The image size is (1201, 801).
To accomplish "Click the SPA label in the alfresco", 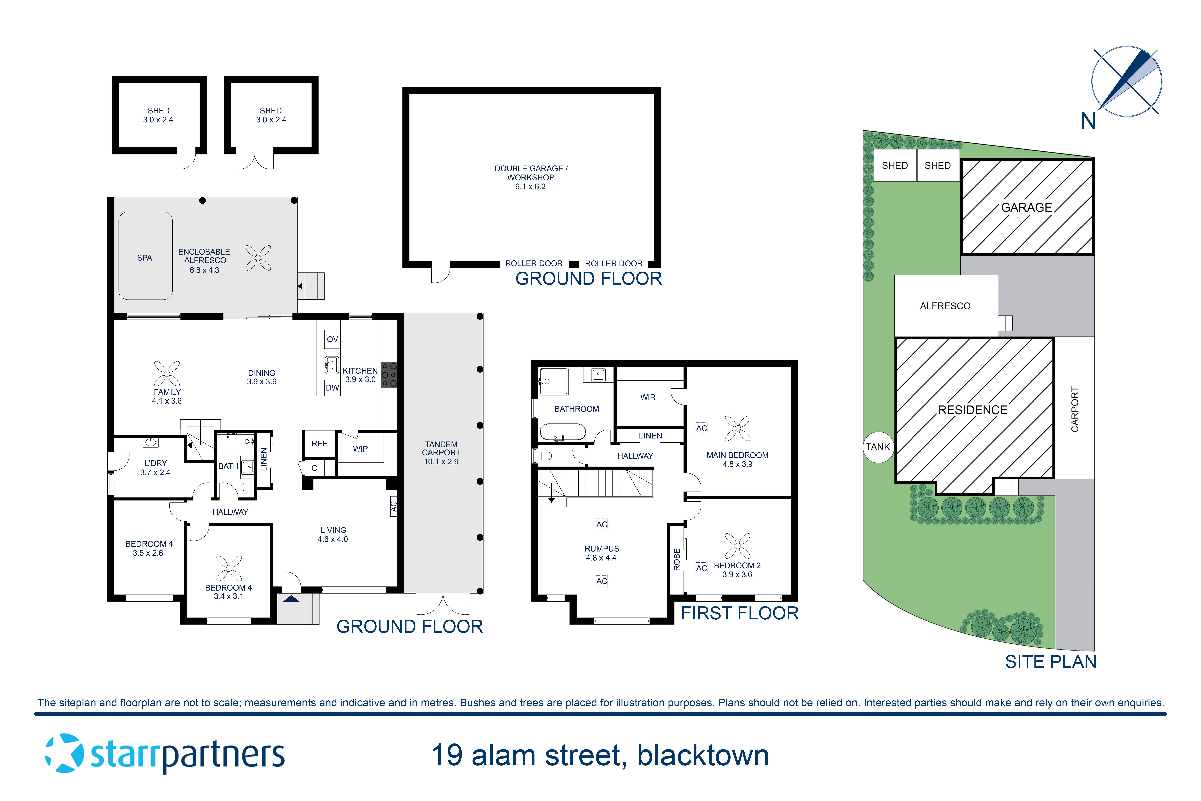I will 145,258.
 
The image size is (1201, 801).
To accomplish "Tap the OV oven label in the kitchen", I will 332,339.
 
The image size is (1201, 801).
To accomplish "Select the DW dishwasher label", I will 332,388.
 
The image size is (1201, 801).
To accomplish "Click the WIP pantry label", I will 360,449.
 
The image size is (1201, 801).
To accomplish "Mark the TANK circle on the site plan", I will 878,447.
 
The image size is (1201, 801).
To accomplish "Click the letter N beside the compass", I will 1088,121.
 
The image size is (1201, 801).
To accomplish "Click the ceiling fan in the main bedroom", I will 737,428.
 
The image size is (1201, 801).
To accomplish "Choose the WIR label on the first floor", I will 648,397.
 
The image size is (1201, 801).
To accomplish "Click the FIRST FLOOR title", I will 739,613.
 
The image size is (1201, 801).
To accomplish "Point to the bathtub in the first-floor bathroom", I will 563,432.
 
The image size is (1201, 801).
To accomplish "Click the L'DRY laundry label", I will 155,467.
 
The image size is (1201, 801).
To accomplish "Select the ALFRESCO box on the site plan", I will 945,306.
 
